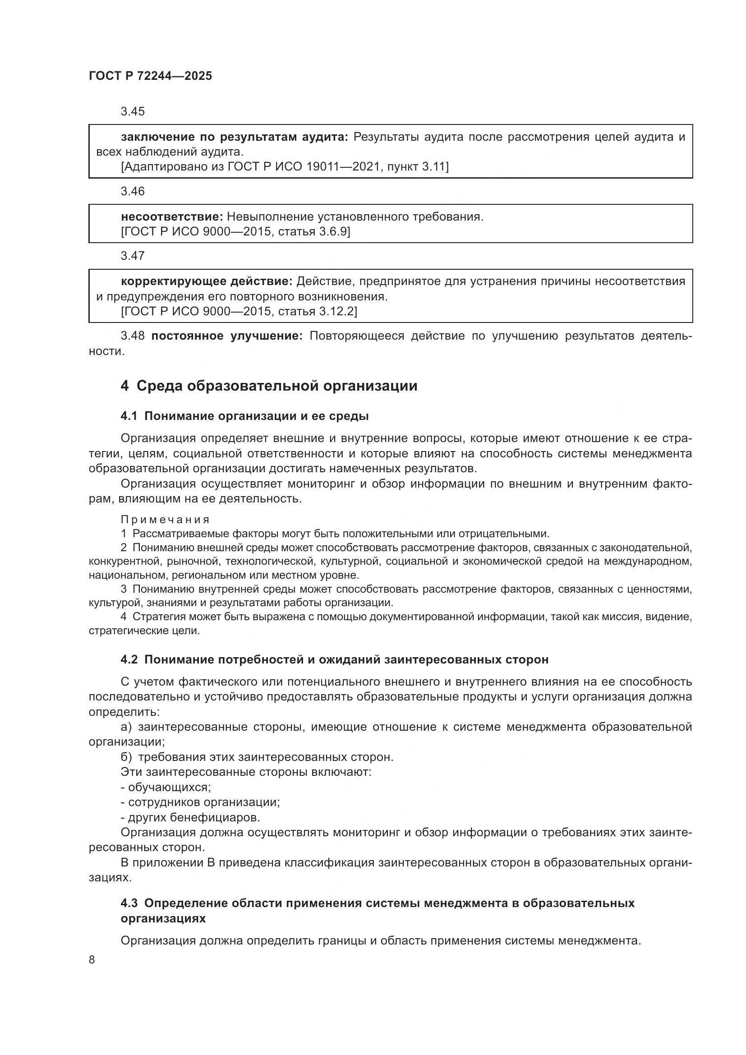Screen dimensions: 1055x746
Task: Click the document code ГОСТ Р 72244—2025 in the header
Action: (150, 76)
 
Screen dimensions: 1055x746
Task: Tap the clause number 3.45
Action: (132, 112)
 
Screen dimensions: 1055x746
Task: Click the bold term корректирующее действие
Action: (206, 281)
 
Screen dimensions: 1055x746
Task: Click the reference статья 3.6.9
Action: (317, 231)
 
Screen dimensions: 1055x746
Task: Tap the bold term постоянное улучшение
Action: (227, 336)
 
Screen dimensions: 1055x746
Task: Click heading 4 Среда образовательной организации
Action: (269, 386)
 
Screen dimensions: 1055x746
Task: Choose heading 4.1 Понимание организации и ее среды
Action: (244, 416)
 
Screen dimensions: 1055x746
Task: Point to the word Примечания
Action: (165, 520)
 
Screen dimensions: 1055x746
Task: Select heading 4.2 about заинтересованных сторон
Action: (334, 660)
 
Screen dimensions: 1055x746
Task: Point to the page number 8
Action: (92, 959)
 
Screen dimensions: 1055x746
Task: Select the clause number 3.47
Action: (132, 256)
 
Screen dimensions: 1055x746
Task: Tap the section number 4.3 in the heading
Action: (129, 903)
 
